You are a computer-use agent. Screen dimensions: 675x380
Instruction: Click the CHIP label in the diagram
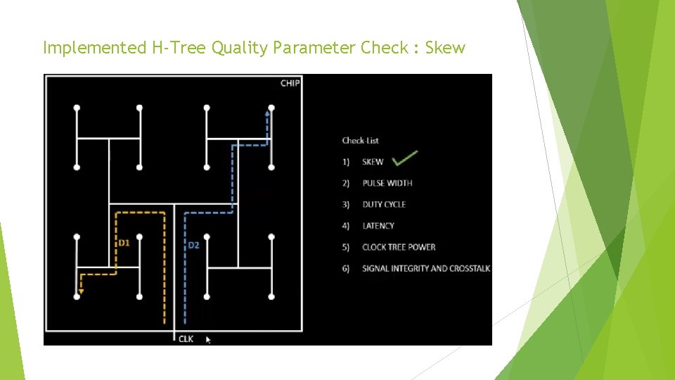tap(290, 83)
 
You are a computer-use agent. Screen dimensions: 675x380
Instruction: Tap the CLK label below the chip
tap(186, 339)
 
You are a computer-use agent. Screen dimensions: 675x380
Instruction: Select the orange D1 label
tap(124, 243)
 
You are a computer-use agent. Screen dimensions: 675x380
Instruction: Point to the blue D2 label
tap(193, 246)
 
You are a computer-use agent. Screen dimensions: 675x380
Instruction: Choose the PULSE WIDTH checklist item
tap(387, 183)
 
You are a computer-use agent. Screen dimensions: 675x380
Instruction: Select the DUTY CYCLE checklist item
tap(384, 204)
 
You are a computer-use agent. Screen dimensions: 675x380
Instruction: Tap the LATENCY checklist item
tap(378, 226)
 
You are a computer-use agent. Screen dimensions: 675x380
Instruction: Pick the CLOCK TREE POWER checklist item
tap(399, 247)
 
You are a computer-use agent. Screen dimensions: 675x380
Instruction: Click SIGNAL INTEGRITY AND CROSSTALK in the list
tap(426, 269)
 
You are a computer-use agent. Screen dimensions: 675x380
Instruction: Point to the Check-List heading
tap(361, 141)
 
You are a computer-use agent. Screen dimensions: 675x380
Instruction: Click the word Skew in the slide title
tap(445, 48)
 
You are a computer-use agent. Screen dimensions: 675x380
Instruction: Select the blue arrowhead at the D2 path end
tap(268, 110)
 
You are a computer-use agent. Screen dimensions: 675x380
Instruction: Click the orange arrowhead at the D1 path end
tap(81, 290)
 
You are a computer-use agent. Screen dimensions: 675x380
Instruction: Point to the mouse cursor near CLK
tap(207, 339)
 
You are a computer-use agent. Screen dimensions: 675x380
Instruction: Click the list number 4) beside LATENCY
tap(346, 226)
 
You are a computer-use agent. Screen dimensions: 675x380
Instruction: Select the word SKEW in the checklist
tap(373, 162)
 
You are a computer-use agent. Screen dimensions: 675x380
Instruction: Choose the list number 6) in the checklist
tap(346, 269)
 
